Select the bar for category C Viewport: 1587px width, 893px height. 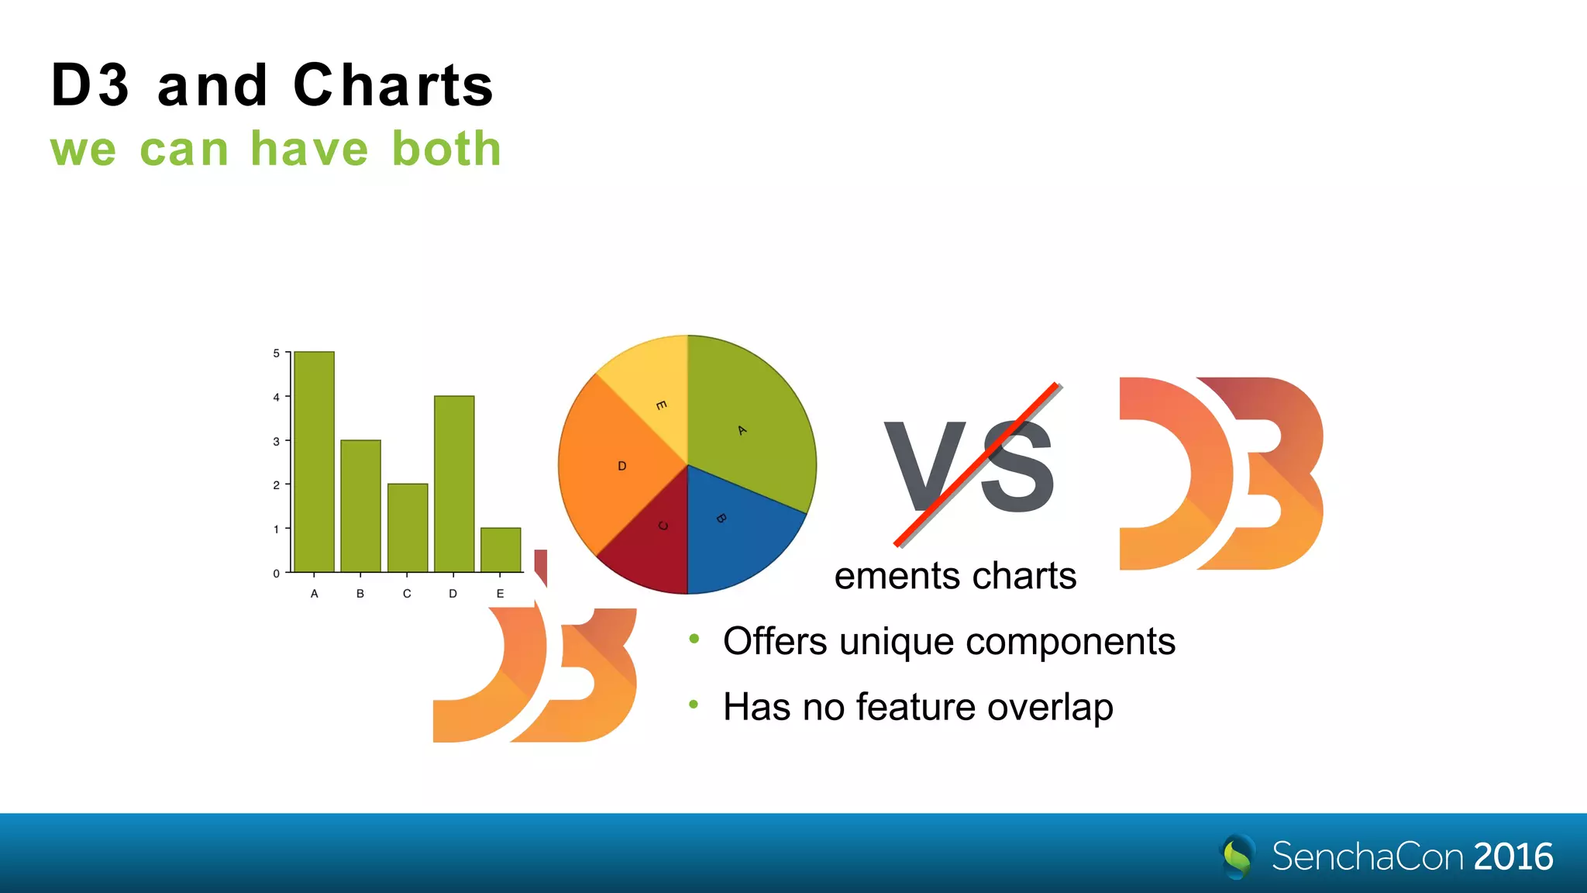[x=407, y=528]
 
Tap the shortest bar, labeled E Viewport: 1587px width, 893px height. [x=501, y=550]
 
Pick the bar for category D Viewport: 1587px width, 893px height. [x=454, y=484]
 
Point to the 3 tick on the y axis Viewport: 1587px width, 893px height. [x=277, y=441]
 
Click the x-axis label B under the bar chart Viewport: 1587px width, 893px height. [x=360, y=594]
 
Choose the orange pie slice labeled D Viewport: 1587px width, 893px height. [x=612, y=465]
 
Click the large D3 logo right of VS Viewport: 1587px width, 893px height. [x=1220, y=474]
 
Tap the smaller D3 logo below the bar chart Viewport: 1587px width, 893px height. [x=535, y=674]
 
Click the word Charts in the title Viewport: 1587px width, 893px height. [x=393, y=85]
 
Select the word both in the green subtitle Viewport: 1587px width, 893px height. [x=446, y=149]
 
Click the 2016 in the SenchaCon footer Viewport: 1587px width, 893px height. [x=1513, y=857]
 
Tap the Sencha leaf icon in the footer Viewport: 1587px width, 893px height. [x=1238, y=857]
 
